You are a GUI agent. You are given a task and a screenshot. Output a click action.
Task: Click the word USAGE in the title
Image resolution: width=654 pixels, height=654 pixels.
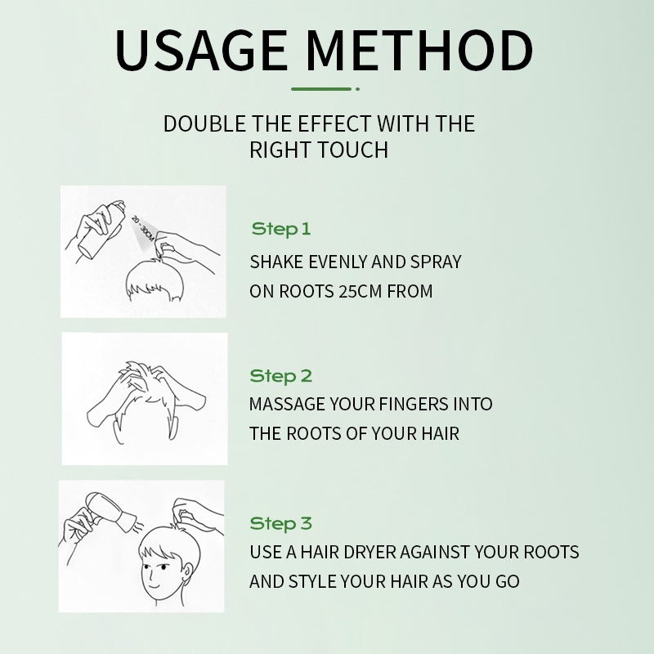pos(201,50)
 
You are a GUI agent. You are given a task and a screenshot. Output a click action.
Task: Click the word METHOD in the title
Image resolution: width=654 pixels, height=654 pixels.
pos(419,50)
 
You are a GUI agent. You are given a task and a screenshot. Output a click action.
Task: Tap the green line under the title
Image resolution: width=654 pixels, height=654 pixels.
pos(321,89)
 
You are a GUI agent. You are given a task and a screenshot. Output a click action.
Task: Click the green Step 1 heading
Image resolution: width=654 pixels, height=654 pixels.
pos(281,229)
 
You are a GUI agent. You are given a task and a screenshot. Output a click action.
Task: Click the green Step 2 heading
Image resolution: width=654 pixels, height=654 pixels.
pos(280,376)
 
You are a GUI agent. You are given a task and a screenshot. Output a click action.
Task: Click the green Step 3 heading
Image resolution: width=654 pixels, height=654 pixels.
pos(280,523)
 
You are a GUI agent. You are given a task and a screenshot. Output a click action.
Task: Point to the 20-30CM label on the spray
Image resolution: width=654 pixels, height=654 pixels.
pos(143,229)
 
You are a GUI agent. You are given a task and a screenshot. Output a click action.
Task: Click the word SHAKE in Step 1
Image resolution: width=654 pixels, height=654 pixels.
pos(276,262)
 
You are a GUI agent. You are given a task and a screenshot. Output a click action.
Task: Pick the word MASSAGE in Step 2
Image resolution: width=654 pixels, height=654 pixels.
pos(287,404)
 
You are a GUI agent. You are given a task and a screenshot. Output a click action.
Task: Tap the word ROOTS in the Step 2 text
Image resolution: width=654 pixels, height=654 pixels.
pos(314,434)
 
